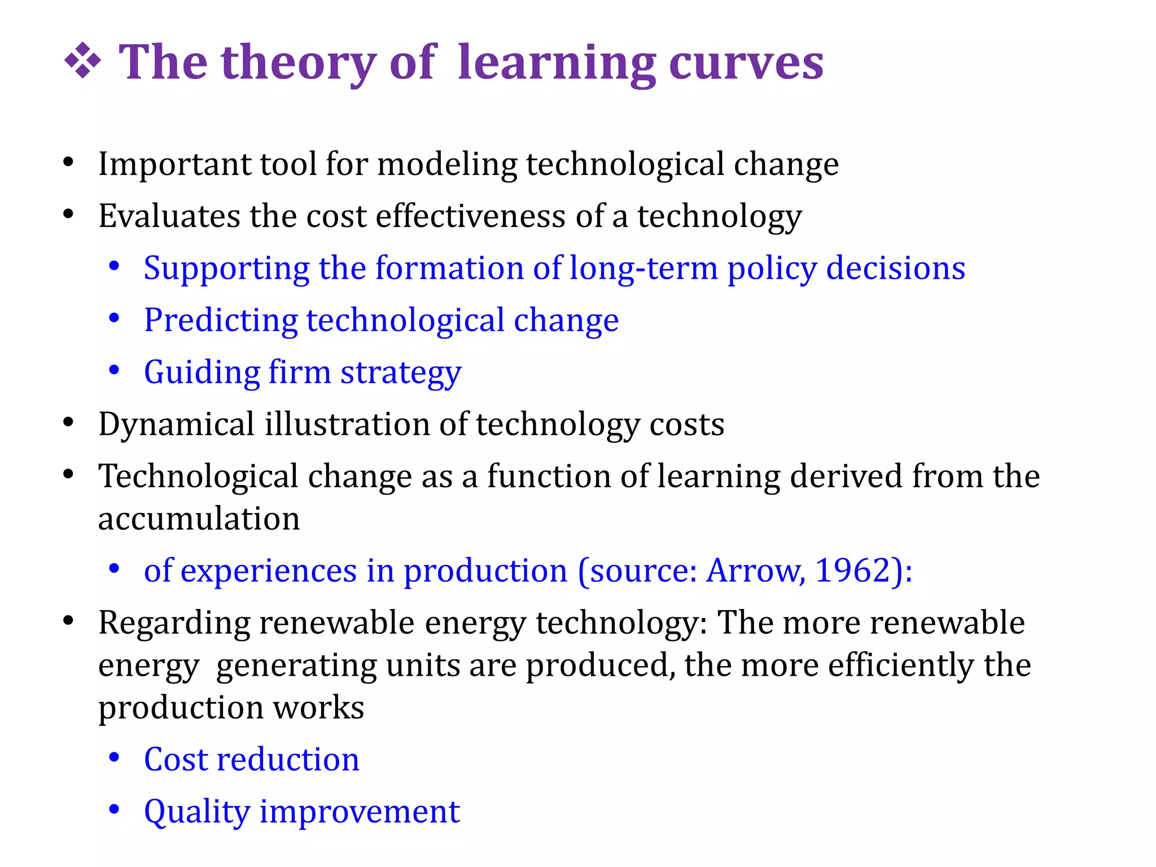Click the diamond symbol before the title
point(82,60)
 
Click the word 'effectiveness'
point(470,216)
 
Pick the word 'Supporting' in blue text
point(226,268)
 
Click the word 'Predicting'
point(220,320)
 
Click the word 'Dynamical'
point(176,424)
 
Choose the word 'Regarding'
point(174,623)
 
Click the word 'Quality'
point(196,812)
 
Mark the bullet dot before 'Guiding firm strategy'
point(115,371)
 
